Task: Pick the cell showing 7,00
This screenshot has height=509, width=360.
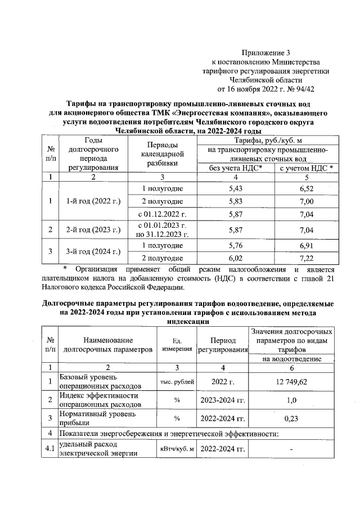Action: coord(306,201)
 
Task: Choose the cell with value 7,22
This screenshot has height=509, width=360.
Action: coord(306,258)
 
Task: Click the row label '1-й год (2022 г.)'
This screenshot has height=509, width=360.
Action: coord(94,201)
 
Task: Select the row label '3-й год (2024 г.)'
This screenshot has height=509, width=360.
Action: coord(94,251)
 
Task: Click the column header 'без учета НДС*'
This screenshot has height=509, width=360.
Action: coord(236,168)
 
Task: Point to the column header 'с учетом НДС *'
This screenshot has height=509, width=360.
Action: coord(306,168)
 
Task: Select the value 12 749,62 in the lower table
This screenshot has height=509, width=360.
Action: coord(291,382)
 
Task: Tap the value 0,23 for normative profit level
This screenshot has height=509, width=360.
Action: coord(291,418)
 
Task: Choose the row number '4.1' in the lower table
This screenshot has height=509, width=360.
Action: coord(51,449)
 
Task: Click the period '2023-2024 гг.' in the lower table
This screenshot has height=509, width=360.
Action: coord(222,400)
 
